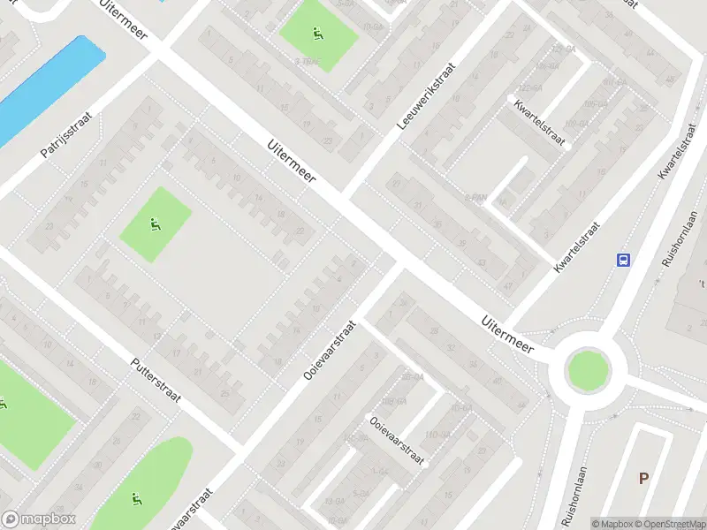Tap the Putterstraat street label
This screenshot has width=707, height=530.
[156, 380]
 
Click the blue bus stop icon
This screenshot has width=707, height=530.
[624, 259]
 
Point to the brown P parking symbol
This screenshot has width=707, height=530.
[644, 478]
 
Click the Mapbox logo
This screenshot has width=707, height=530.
[39, 519]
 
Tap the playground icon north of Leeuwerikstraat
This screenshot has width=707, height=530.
[316, 34]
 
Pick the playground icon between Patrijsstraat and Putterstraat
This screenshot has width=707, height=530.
[155, 223]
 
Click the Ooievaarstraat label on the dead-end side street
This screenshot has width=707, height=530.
[397, 441]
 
